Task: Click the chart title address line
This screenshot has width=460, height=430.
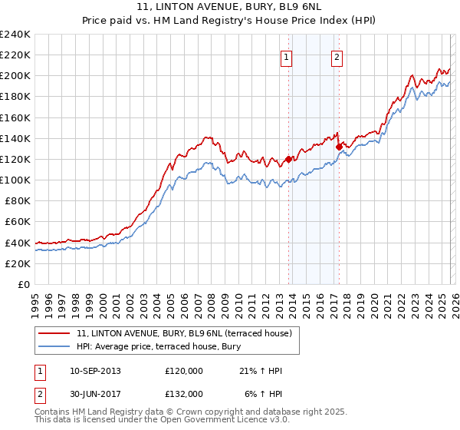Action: tap(229, 7)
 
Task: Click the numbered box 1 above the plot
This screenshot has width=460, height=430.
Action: tap(286, 56)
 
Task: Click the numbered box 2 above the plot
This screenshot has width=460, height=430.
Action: tap(337, 56)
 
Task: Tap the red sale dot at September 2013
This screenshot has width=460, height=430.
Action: tap(289, 160)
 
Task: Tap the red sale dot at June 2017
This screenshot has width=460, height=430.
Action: tap(339, 147)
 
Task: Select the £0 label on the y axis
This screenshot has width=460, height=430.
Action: tap(23, 284)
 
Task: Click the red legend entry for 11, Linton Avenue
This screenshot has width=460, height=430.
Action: tap(183, 333)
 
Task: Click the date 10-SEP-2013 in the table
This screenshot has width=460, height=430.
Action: tap(95, 371)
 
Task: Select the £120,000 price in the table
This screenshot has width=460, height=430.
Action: tap(184, 371)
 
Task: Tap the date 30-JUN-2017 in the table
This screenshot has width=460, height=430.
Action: tap(95, 393)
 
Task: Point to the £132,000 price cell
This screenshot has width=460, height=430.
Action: tap(184, 393)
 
